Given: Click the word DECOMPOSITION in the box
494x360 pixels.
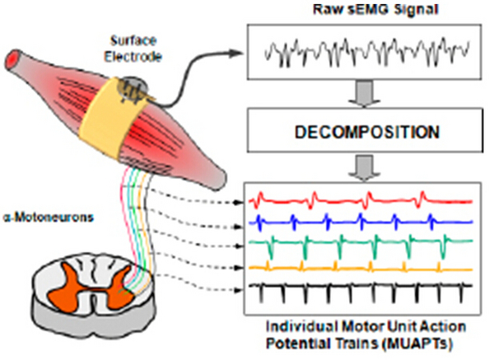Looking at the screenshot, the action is [x=367, y=133].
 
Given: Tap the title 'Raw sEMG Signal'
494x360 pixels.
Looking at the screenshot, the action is [x=375, y=9].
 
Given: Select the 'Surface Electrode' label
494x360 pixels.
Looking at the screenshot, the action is [x=133, y=49].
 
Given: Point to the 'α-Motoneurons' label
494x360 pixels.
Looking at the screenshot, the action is [x=49, y=217].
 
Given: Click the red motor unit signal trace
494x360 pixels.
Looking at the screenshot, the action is [x=361, y=200].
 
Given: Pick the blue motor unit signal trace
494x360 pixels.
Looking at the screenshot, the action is [x=361, y=222].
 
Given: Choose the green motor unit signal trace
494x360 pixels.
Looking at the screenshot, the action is [x=361, y=242].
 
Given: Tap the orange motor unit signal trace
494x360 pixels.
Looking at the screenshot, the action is [x=361, y=269].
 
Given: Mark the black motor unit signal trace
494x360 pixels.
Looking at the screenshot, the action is [x=361, y=286].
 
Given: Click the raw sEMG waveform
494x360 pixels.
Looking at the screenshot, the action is [x=367, y=52].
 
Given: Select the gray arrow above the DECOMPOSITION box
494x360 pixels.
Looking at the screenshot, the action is [x=364, y=94].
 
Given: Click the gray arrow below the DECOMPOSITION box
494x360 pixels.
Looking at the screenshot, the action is [x=364, y=168].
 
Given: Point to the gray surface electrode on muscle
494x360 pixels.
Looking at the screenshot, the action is [x=133, y=89].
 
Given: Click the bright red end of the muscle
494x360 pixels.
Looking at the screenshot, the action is [x=13, y=59].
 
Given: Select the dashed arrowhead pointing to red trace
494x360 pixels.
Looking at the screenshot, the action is [x=240, y=203].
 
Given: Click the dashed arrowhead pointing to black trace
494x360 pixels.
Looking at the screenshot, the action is [x=240, y=290].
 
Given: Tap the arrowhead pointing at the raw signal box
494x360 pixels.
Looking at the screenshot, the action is [x=235, y=53].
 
